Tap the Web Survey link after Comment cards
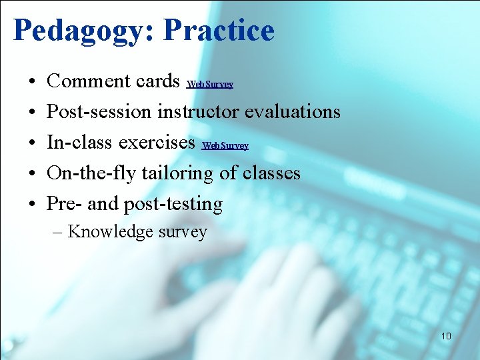(210, 85)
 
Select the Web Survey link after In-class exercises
(225, 146)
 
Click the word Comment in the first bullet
(89, 81)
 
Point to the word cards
(159, 81)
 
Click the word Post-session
(99, 111)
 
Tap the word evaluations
(293, 111)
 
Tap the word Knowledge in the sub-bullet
(110, 232)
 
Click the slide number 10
(446, 336)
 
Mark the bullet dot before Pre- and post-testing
(33, 205)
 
